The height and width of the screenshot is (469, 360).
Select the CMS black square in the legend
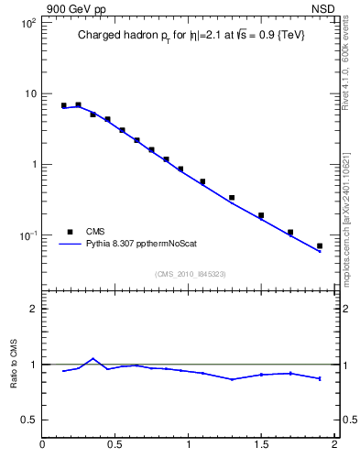(69, 232)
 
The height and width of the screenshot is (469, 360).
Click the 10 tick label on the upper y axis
(29, 93)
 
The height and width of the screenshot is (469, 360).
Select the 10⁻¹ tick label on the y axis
(27, 235)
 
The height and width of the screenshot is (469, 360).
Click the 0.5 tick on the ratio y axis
(28, 420)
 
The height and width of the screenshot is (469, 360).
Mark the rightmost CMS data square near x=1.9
(320, 246)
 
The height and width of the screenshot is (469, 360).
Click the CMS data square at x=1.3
(232, 198)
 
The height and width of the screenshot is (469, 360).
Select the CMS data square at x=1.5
(261, 216)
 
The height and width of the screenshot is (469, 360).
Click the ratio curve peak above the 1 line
(93, 359)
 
